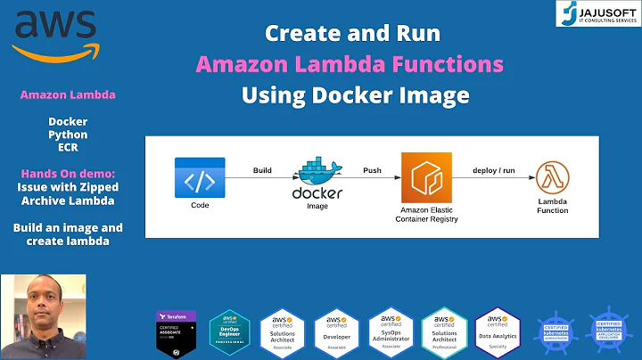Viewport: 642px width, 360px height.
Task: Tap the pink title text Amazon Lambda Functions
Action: (350, 64)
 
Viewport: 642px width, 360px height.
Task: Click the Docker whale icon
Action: (318, 171)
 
